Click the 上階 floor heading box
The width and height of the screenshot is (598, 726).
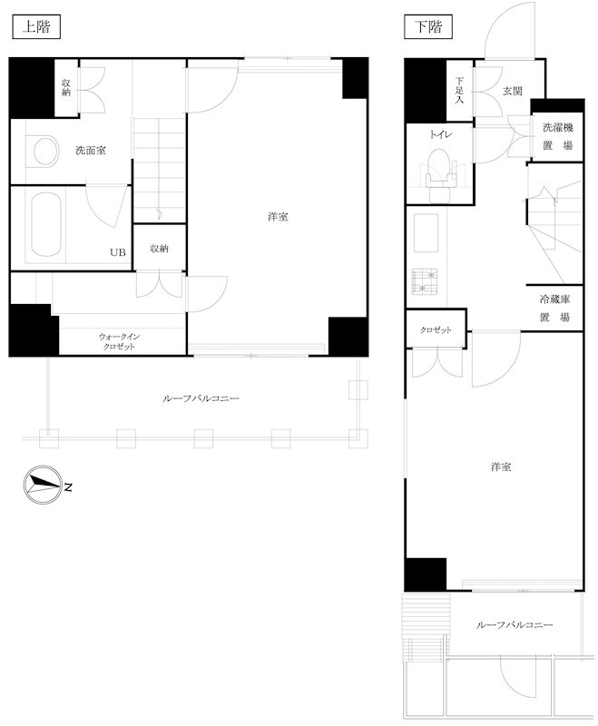[36, 27]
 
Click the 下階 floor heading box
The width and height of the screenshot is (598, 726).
[428, 27]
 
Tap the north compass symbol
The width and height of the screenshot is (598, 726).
[43, 485]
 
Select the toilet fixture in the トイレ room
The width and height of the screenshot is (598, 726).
[441, 175]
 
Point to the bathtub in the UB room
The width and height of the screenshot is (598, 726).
[46, 224]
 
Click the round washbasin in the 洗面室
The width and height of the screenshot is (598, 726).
[45, 151]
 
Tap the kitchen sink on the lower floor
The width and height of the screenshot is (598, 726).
[426, 232]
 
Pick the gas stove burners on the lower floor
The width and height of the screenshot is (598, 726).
[424, 281]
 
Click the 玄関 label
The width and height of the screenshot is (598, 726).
[513, 92]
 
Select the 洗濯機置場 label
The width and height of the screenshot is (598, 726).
[558, 136]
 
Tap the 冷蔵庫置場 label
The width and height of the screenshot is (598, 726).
[554, 308]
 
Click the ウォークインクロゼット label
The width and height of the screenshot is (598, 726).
[119, 341]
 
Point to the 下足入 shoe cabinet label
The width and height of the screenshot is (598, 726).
[459, 89]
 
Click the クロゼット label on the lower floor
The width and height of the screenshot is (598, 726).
[436, 330]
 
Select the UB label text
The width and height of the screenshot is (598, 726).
[118, 252]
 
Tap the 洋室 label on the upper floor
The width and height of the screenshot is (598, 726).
[279, 216]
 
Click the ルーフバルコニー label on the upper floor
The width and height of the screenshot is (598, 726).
[201, 398]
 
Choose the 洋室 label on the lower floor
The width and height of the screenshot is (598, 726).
[501, 466]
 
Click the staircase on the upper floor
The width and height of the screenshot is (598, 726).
[160, 170]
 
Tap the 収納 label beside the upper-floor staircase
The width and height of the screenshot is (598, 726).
[159, 249]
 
